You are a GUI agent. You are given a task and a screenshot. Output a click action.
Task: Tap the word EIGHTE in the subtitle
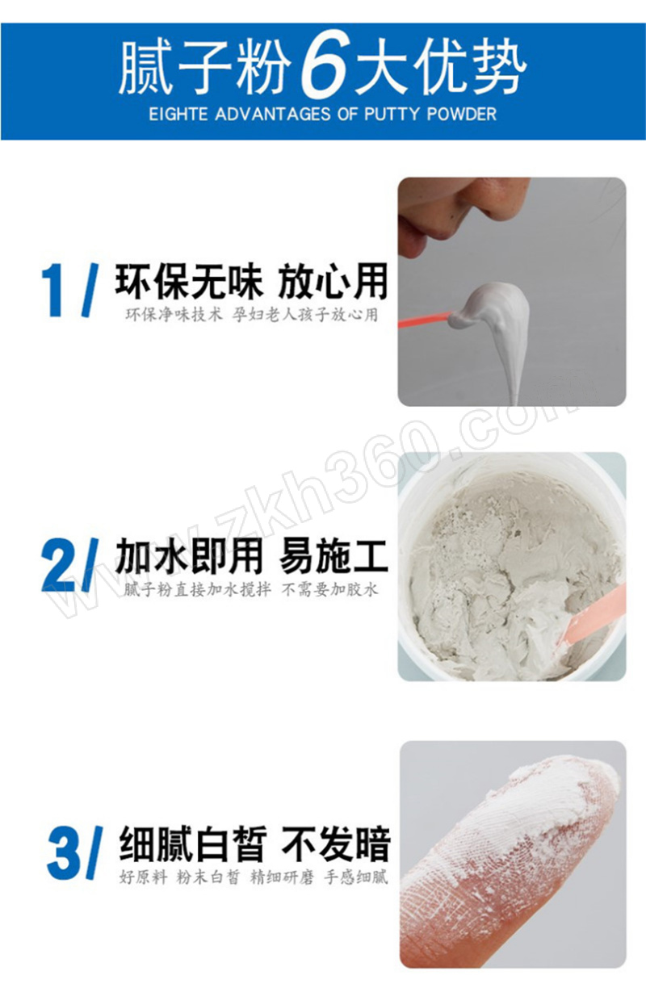click(x=178, y=115)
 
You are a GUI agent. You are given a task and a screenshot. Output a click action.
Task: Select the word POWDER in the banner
click(x=462, y=115)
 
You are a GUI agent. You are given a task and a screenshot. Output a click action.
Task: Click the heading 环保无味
click(x=189, y=281)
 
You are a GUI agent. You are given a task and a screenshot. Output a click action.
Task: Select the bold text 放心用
click(x=333, y=281)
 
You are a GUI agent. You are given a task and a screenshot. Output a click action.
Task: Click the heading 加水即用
click(x=189, y=555)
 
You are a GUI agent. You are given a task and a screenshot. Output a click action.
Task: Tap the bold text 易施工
click(x=333, y=555)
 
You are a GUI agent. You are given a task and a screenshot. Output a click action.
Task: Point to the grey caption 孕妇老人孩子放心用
click(x=305, y=315)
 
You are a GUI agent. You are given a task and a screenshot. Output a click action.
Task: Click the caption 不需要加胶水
click(x=329, y=590)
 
